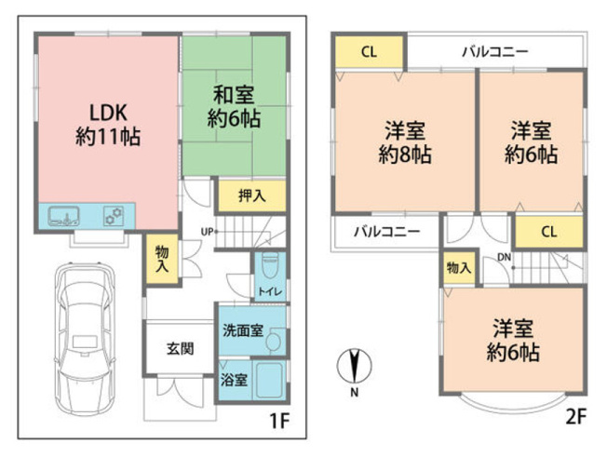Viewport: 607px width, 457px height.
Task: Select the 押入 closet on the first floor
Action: [x=250, y=195]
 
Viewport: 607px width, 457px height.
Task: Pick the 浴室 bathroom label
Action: [x=233, y=380]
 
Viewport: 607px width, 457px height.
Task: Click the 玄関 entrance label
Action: [x=180, y=349]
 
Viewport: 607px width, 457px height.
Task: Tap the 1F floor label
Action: [x=280, y=420]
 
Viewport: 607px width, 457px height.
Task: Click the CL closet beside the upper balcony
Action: [x=369, y=53]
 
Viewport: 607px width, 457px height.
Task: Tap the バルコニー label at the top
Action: [x=494, y=51]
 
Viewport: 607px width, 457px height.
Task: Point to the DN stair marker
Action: [x=504, y=258]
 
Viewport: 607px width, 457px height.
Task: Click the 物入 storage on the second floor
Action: [x=458, y=268]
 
